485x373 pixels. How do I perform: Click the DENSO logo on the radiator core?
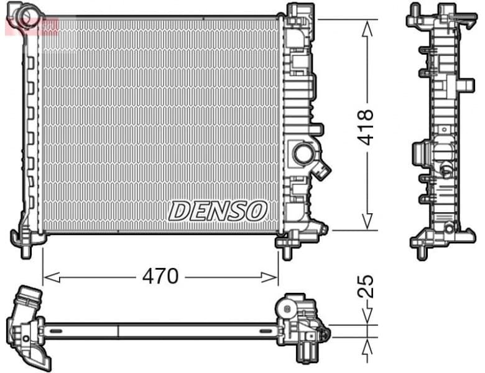point(217,211)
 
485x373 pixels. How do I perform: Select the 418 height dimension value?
point(366,127)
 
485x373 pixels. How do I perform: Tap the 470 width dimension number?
point(160,276)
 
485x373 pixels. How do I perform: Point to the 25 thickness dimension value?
point(367,286)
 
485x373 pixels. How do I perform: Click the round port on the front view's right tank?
point(304,154)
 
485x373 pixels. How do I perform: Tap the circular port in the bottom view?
point(285,308)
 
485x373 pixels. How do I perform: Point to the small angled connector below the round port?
point(323,170)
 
